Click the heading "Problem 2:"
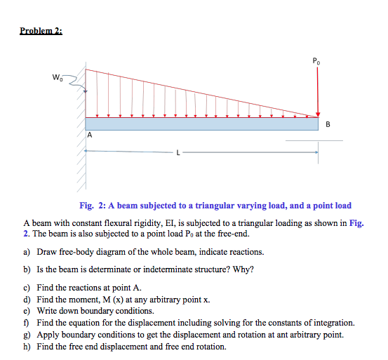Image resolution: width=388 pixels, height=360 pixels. (x=41, y=31)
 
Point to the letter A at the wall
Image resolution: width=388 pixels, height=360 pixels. (x=90, y=135)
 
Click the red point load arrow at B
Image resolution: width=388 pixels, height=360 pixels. (x=318, y=91)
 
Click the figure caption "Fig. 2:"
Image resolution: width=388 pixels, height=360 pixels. (x=91, y=206)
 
